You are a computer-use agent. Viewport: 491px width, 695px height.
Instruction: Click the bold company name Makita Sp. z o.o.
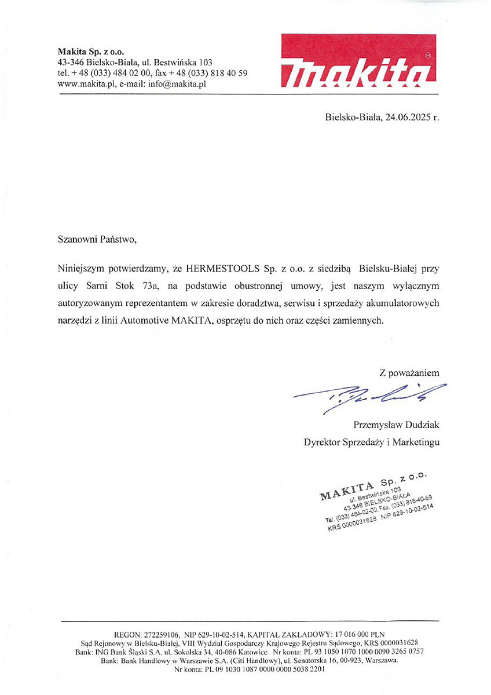pos(91,51)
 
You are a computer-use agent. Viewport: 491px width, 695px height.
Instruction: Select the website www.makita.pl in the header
pos(86,83)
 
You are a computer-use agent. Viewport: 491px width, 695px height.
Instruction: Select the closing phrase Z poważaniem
pos(409,373)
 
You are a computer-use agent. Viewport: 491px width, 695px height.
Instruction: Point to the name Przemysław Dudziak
pos(396,425)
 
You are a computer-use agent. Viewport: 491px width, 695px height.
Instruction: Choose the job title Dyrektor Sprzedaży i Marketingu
pos(371,442)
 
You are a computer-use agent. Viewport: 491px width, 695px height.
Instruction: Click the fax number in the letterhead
pos(211,73)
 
